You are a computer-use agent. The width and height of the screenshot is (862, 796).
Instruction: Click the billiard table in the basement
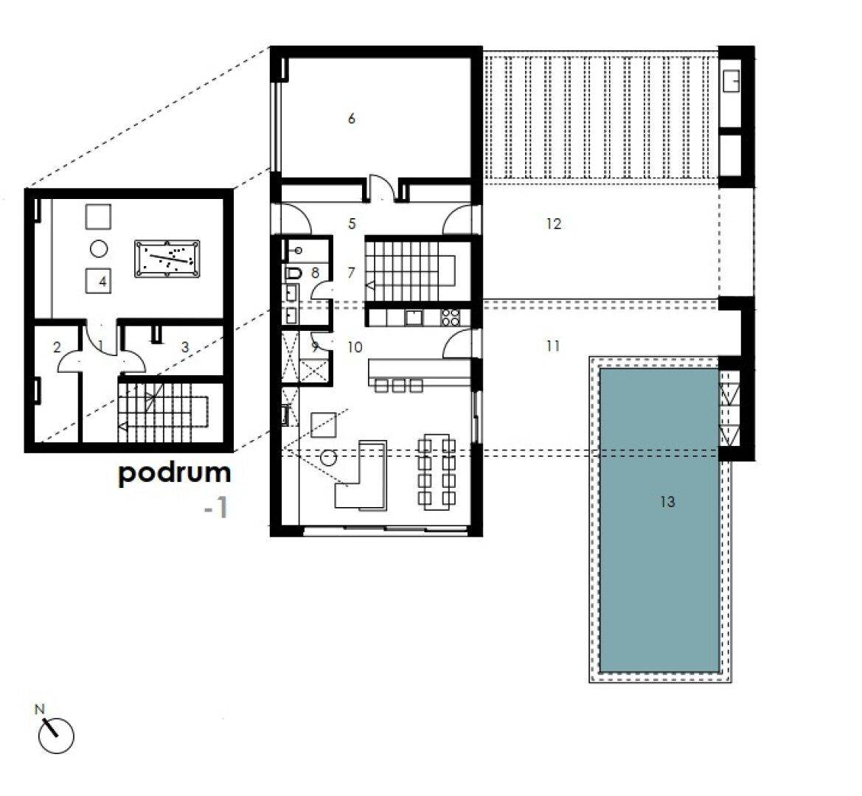point(167,259)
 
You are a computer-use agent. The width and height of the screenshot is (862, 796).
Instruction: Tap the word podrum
point(174,473)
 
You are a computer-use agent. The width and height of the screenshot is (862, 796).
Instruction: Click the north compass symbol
point(55,735)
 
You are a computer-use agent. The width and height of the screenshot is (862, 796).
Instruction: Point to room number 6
point(352,118)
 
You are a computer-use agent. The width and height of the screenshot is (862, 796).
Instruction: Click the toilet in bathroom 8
point(293,273)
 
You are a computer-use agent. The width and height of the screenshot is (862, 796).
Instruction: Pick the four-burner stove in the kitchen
point(451,318)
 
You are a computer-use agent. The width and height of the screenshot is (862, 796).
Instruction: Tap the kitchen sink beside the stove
point(413,318)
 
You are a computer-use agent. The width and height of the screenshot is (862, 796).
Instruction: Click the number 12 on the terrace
point(554,223)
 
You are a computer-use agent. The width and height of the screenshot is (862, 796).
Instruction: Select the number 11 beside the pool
point(553,346)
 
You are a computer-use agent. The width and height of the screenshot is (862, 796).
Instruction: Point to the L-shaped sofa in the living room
point(361,475)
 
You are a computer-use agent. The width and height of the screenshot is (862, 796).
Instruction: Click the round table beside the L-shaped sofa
point(328,458)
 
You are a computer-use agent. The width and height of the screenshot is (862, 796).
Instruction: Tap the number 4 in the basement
point(102,282)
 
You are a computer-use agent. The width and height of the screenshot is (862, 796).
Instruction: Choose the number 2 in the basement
point(57,347)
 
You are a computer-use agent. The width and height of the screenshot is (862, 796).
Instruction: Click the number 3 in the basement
point(185,347)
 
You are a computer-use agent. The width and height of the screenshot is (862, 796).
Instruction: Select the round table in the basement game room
point(98,249)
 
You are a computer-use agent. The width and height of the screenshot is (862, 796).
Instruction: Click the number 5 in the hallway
point(352,223)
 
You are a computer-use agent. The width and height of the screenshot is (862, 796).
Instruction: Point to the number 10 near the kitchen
point(355,347)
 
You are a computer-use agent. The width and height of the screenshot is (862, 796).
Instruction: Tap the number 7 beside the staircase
point(352,272)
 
